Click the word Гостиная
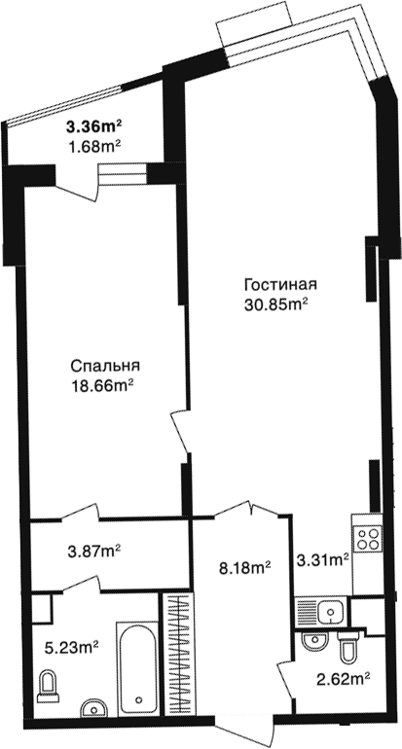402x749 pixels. point(280,285)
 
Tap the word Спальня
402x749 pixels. point(105,366)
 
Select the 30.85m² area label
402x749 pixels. point(275,305)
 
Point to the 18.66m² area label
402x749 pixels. point(101,386)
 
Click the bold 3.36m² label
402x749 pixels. point(94,127)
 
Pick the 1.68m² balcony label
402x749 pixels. point(94,146)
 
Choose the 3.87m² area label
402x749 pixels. point(94,552)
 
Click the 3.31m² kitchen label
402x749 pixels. point(322,560)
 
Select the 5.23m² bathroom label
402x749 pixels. point(72,648)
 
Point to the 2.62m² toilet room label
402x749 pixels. point(345,678)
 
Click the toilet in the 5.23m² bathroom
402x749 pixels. point(47,687)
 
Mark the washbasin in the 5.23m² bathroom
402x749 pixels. point(94,708)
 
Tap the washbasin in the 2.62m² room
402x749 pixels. point(314,640)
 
